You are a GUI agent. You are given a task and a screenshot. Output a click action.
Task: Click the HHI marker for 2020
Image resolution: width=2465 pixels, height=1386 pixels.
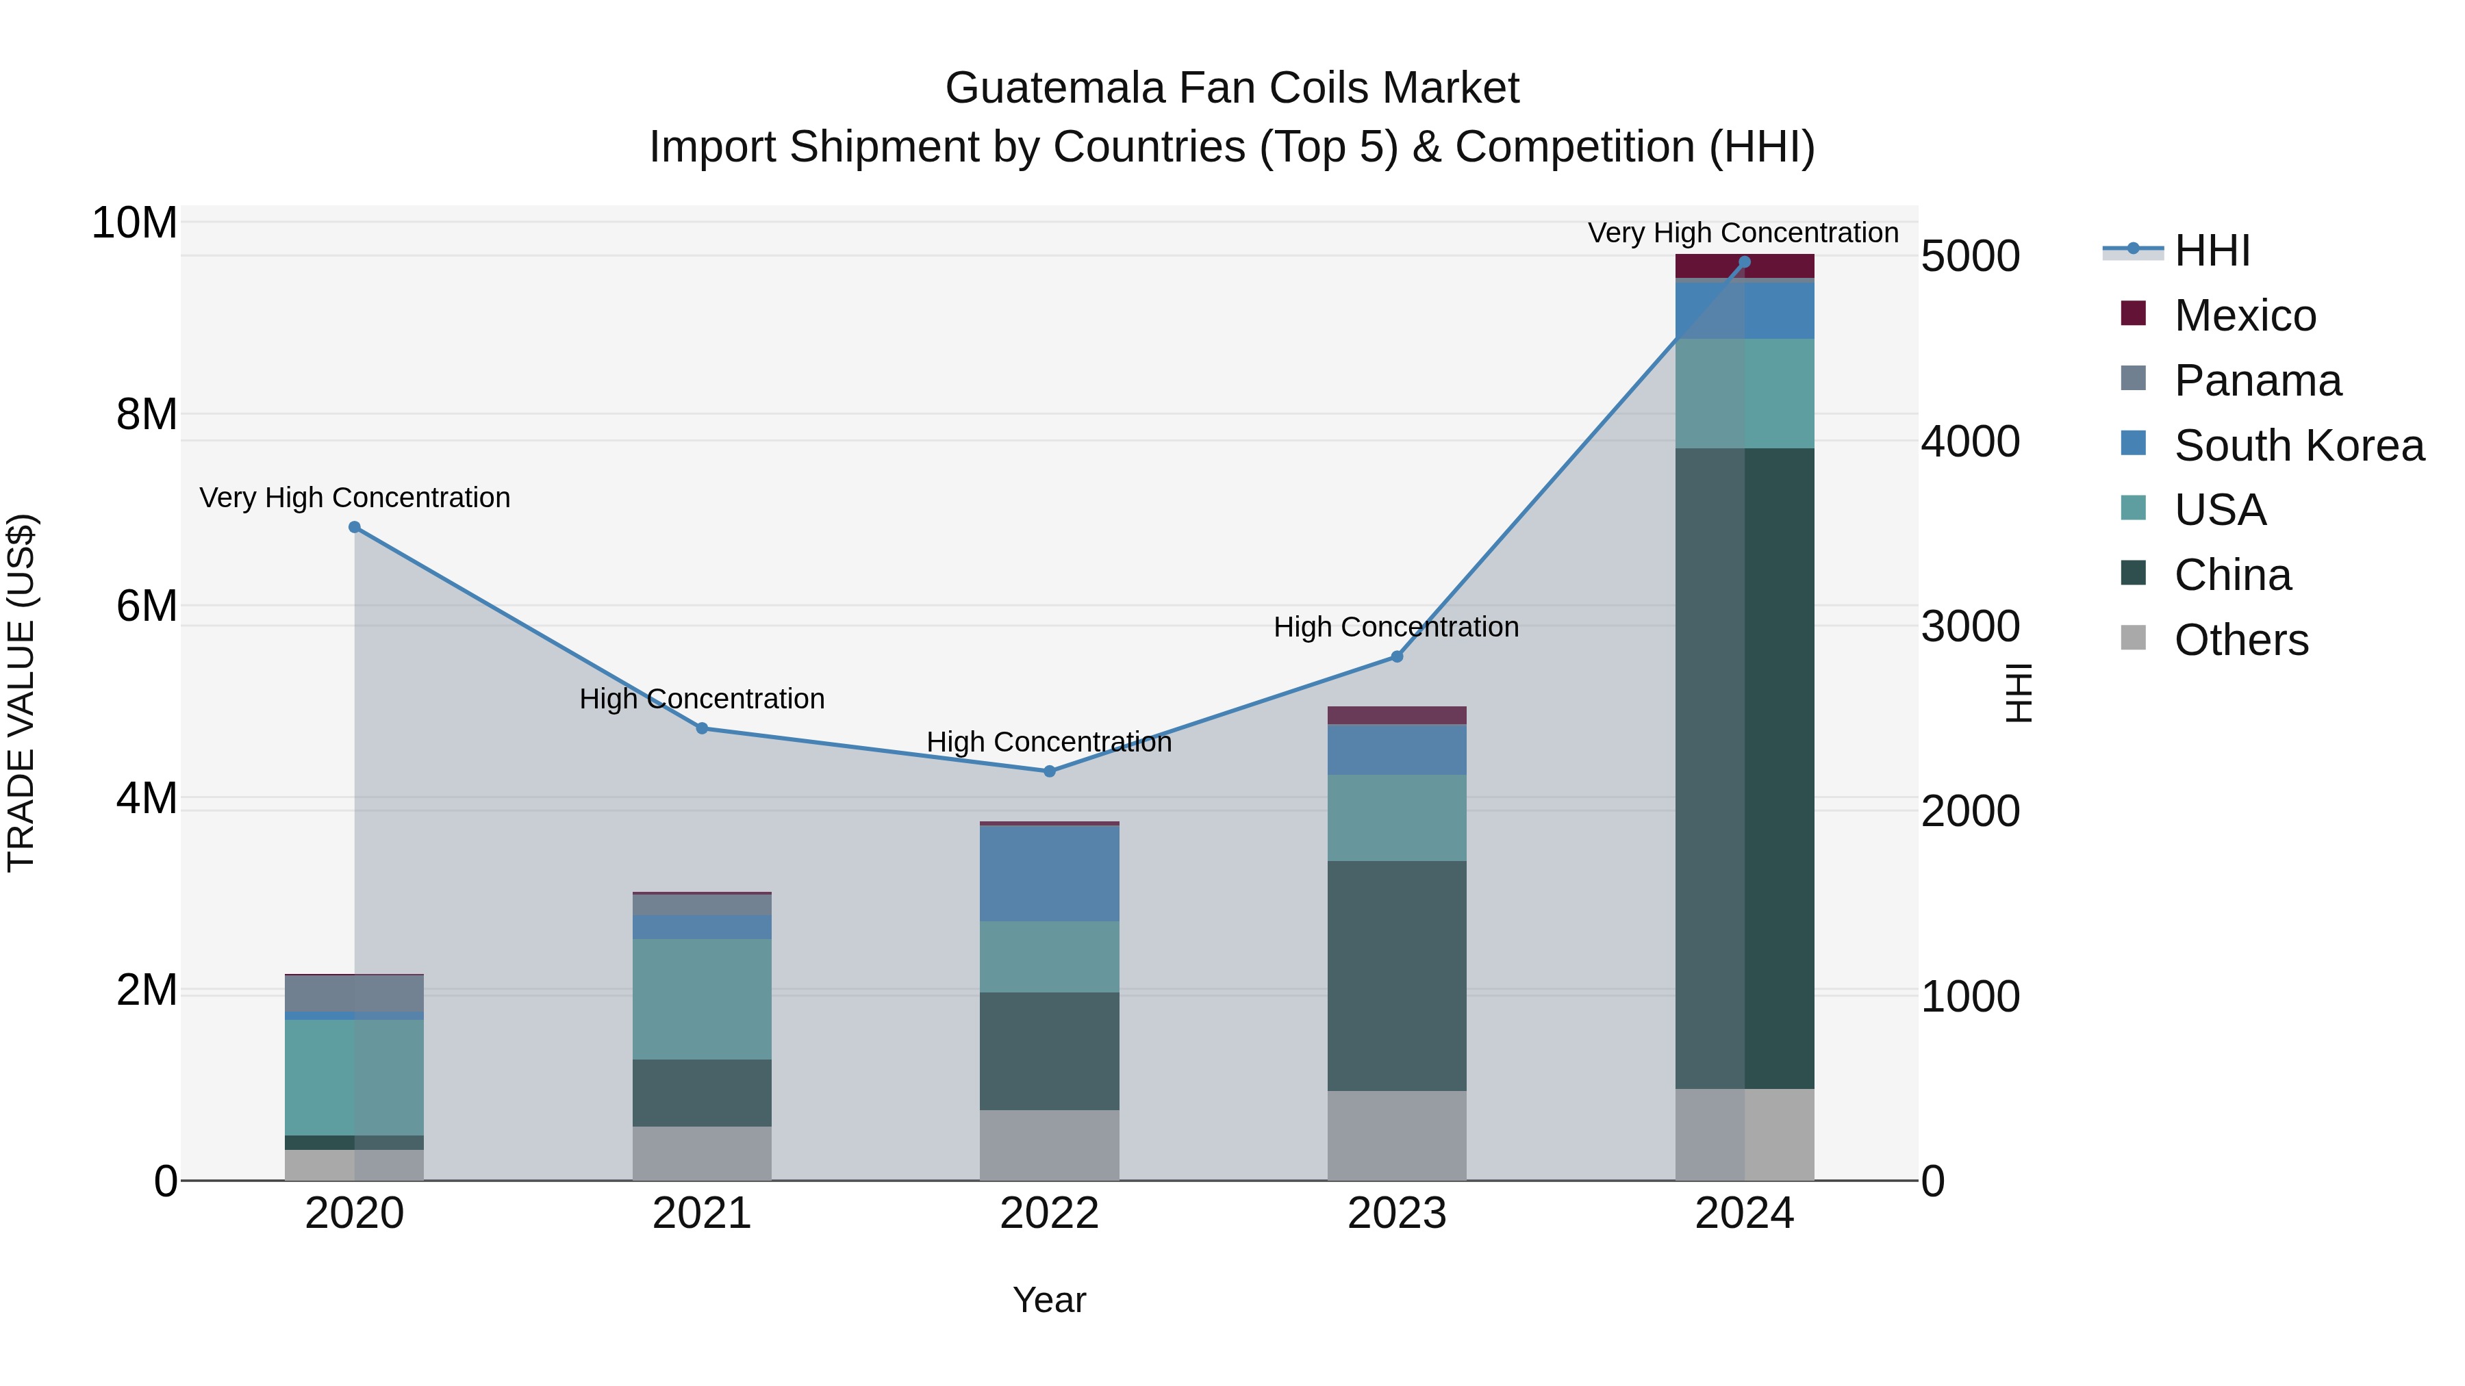[x=354, y=527]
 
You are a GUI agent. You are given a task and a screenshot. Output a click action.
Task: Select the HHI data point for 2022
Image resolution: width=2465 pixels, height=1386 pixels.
[x=1049, y=771]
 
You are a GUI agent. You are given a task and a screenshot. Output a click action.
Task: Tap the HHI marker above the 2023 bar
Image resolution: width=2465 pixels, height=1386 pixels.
[x=1396, y=656]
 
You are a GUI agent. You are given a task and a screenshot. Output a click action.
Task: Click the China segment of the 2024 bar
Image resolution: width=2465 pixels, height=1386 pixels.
[x=1745, y=765]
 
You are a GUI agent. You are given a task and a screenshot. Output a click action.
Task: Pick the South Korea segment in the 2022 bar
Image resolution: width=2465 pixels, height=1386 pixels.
[x=1049, y=873]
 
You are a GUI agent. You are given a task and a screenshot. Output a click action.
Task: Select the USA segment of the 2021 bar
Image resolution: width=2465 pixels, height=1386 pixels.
[x=701, y=998]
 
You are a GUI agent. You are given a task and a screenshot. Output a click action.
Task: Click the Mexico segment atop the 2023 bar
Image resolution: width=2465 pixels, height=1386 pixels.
[x=1396, y=715]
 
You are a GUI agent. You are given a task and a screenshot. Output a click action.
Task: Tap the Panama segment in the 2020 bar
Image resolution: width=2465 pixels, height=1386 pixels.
[x=354, y=993]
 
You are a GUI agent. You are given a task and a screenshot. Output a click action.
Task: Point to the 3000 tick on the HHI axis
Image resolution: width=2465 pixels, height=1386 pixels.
[x=1969, y=626]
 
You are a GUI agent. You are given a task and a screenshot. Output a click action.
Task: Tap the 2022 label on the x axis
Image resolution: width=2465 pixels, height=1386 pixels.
[x=1049, y=1214]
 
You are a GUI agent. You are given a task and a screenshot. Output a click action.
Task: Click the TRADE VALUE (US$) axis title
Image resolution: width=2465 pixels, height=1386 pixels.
[x=21, y=693]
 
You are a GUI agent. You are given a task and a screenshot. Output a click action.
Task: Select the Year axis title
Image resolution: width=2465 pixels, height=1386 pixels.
[x=1049, y=1300]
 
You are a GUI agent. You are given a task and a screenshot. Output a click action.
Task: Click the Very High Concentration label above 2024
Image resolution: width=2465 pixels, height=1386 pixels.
[x=1743, y=233]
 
